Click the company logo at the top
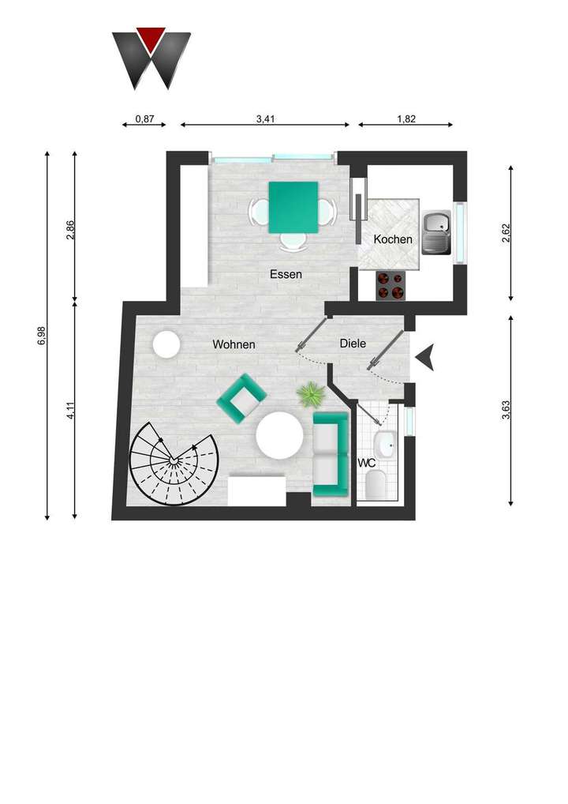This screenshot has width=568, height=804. [151, 58]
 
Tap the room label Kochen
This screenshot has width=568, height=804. [393, 239]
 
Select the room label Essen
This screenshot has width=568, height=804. [286, 275]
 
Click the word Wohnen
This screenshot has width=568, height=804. [233, 344]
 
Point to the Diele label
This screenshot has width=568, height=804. [353, 344]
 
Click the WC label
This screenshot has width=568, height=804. [367, 463]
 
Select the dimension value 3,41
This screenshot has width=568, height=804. [264, 119]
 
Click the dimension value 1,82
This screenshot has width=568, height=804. [405, 119]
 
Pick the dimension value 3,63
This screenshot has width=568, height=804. [506, 411]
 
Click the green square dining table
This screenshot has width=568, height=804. [293, 208]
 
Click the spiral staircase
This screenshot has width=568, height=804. [173, 462]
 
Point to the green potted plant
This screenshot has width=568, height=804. [311, 393]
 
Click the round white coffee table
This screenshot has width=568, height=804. [278, 436]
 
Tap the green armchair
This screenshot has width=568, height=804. [241, 396]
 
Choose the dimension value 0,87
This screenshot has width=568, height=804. [144, 119]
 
